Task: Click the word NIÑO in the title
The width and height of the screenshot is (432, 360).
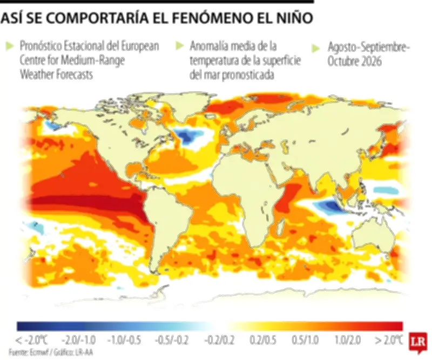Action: point(292,18)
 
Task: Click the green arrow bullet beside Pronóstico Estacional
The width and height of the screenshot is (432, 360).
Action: point(8,46)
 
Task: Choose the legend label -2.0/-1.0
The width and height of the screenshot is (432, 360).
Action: point(80,340)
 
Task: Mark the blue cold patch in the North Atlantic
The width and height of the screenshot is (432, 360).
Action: point(188,137)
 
